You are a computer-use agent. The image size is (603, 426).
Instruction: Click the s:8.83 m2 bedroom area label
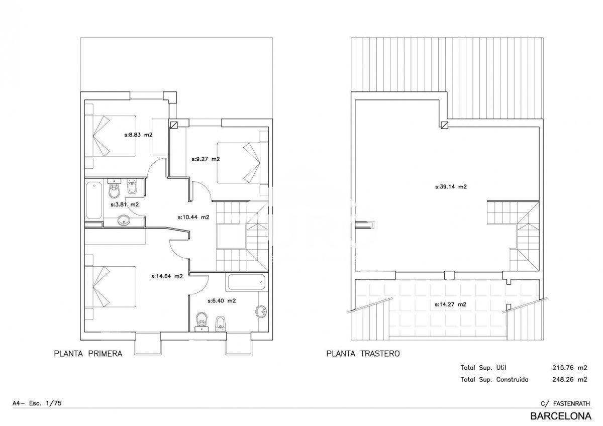(x=138, y=135)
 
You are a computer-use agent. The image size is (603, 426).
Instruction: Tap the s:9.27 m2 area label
(x=206, y=159)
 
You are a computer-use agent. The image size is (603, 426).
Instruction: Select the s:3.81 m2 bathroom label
(x=125, y=204)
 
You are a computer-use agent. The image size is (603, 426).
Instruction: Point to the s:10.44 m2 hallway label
(x=193, y=217)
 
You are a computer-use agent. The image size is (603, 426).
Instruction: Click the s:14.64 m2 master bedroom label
(x=167, y=276)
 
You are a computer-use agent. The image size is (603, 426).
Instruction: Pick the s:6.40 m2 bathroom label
(x=222, y=301)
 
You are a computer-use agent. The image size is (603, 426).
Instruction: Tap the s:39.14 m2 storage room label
(x=451, y=187)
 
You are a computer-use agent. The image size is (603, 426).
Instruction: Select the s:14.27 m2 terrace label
(x=451, y=304)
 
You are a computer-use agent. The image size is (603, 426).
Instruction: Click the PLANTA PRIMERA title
(x=88, y=353)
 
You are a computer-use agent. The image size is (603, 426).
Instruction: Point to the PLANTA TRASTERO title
(x=363, y=353)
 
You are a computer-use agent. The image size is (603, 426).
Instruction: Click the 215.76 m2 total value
(x=570, y=368)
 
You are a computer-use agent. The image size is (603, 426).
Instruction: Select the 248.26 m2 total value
(x=570, y=379)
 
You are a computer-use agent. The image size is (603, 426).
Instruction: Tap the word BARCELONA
(x=561, y=416)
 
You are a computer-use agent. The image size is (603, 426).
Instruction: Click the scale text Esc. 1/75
(x=45, y=403)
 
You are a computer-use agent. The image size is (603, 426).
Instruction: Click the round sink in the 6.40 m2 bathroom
(x=261, y=311)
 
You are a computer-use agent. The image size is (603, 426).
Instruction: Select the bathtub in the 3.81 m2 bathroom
(x=94, y=200)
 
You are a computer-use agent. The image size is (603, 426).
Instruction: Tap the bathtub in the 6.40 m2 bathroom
(x=247, y=282)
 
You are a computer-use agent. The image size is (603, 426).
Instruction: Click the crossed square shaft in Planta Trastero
(x=444, y=125)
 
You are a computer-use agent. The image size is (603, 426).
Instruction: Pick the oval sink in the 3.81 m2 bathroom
(x=124, y=221)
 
